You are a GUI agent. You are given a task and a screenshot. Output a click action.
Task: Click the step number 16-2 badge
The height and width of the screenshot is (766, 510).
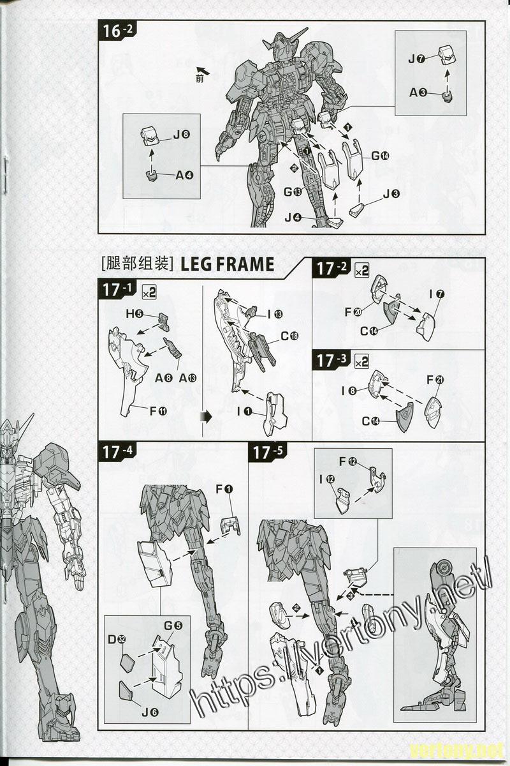click(x=117, y=31)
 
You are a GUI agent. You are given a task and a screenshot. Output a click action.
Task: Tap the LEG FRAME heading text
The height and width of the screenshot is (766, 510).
click(x=227, y=264)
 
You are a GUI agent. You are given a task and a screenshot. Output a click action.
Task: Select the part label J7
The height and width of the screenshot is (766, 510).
click(x=416, y=59)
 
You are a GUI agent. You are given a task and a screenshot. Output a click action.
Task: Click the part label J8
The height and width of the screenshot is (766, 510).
click(x=182, y=135)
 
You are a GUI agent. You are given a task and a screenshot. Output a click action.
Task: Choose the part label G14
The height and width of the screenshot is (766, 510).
click(x=380, y=156)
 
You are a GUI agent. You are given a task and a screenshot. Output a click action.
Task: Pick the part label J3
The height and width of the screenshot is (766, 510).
click(x=391, y=194)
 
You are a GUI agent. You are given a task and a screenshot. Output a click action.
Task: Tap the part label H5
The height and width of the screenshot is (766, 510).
click(x=135, y=314)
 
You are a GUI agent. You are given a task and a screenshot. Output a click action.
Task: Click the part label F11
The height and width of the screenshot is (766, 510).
click(x=159, y=410)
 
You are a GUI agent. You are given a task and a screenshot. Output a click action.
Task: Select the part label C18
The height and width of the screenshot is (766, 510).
click(x=289, y=336)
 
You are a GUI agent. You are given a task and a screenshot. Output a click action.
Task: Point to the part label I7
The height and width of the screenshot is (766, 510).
click(x=437, y=294)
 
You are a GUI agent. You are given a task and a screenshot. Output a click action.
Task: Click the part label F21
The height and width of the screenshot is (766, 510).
click(x=435, y=380)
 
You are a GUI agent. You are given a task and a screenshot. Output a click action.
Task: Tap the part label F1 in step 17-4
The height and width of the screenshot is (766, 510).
click(x=224, y=490)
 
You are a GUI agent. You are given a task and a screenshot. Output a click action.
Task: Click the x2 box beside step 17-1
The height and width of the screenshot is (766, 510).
click(x=149, y=292)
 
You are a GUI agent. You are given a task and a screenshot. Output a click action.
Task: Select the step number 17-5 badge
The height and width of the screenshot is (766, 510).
click(x=268, y=453)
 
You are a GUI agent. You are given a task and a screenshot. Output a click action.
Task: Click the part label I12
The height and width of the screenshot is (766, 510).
click(x=327, y=480)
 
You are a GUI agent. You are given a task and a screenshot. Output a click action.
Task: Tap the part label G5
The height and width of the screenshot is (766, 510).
click(x=173, y=626)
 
